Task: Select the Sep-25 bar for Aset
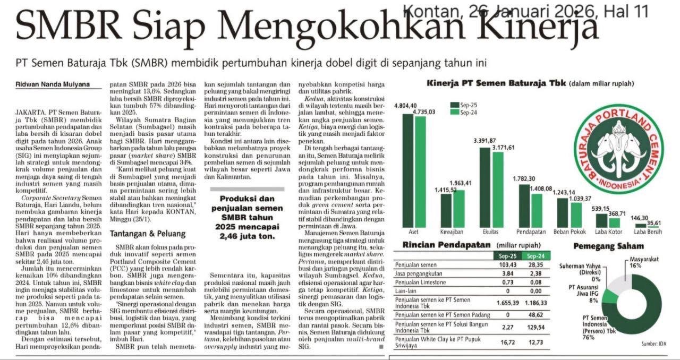click(407, 170)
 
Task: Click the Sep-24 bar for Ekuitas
click(498, 189)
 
